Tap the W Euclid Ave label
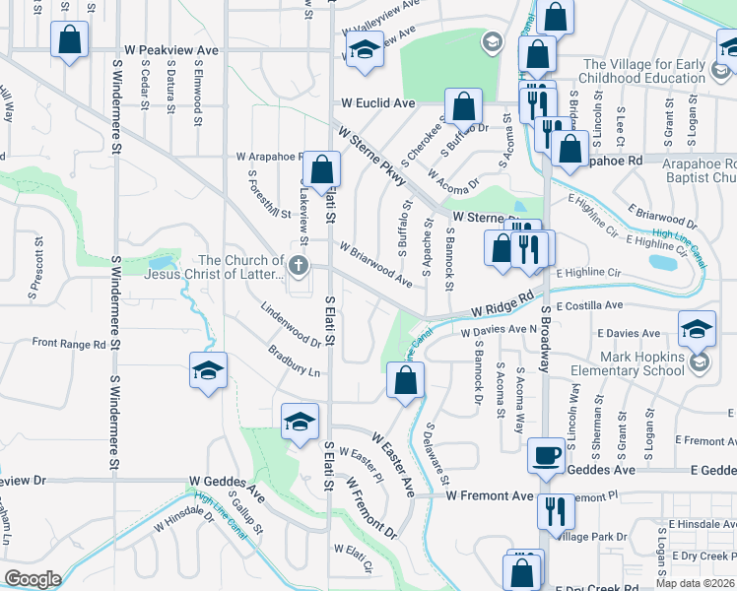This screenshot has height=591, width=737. (x=378, y=102)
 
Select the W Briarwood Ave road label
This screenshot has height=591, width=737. (x=375, y=263)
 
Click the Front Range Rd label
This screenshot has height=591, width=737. (x=69, y=344)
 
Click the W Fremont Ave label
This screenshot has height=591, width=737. (x=489, y=495)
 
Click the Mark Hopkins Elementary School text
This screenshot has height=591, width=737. (x=631, y=362)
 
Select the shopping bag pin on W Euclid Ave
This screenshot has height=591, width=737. (x=462, y=106)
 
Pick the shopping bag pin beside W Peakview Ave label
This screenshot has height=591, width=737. (x=69, y=40)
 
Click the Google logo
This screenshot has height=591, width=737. (x=33, y=579)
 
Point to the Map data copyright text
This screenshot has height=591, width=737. (x=695, y=583)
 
